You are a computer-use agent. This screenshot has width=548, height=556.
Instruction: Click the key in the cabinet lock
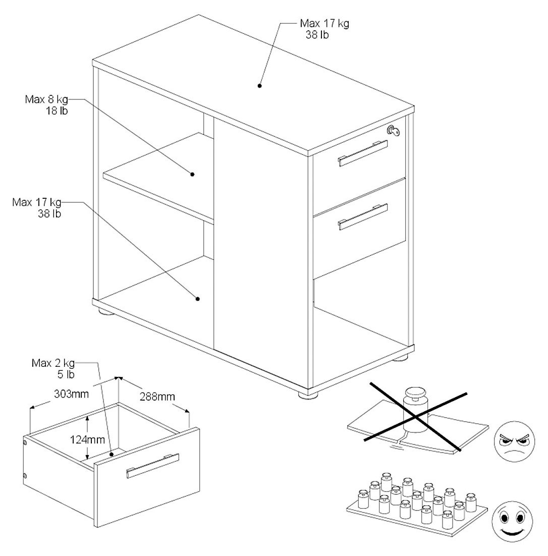pos(394,131)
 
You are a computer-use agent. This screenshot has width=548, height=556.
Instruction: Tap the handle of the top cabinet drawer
pos(363,153)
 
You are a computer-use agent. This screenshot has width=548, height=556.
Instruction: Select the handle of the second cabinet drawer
pos(363,217)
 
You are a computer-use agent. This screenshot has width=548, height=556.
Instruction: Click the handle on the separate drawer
pos(153,465)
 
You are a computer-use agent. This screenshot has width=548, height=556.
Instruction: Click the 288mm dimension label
pos(157,397)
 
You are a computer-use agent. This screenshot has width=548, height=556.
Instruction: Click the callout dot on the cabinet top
pos(260,86)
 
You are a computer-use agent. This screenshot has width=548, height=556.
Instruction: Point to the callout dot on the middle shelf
pos(193,175)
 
